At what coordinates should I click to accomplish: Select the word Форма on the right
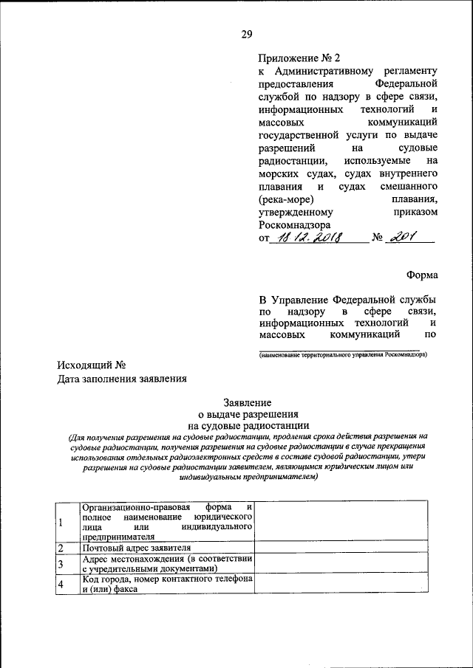point(421,275)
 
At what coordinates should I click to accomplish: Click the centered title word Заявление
point(248,402)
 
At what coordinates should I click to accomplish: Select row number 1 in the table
point(61,523)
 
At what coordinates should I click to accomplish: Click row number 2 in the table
point(61,548)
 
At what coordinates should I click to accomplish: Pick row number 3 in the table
point(61,564)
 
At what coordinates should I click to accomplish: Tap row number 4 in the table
point(61,585)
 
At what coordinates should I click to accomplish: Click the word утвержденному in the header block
point(292,212)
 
